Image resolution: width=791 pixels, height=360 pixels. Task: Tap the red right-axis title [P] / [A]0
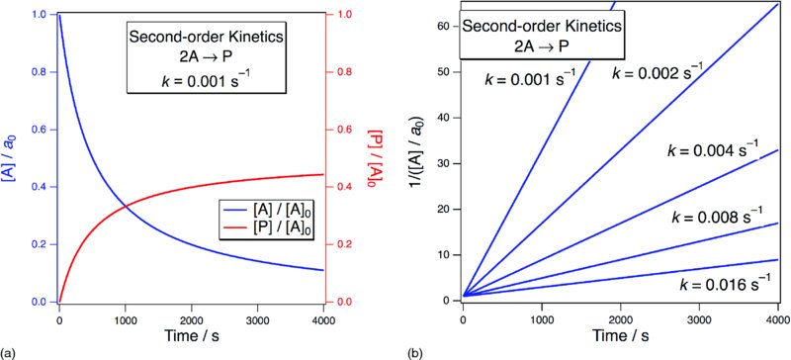[376, 157]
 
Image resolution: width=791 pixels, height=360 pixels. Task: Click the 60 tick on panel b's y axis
[446, 26]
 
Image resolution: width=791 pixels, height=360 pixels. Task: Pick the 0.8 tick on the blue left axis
[40, 72]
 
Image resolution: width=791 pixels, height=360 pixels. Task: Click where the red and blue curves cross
[126, 206]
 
